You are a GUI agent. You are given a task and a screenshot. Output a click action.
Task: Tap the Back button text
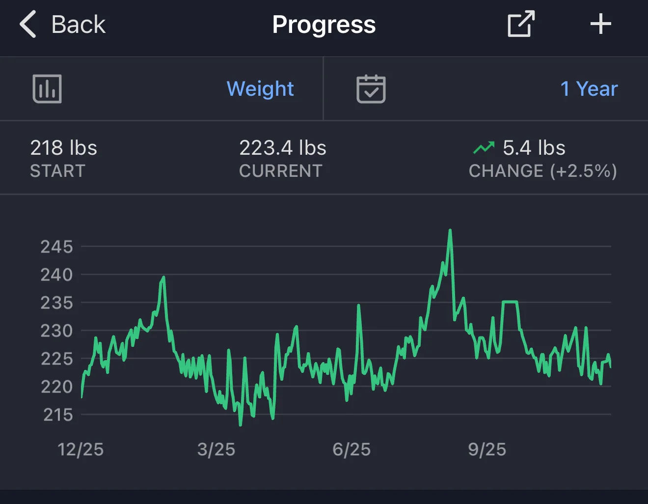pyautogui.click(x=79, y=25)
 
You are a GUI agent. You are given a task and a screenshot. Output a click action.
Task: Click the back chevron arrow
pyautogui.click(x=28, y=24)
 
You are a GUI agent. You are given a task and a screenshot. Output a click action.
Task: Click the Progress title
pyautogui.click(x=324, y=25)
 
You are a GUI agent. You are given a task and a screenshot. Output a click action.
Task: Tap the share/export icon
pyautogui.click(x=521, y=24)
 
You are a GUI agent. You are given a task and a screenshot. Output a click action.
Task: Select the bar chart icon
pyautogui.click(x=47, y=88)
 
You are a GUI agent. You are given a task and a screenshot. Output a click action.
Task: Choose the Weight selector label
pyautogui.click(x=260, y=88)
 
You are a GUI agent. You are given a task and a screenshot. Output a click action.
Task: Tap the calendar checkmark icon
pyautogui.click(x=371, y=89)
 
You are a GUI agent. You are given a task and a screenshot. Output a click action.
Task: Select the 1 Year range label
pyautogui.click(x=589, y=88)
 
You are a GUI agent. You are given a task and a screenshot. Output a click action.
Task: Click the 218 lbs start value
pyautogui.click(x=63, y=148)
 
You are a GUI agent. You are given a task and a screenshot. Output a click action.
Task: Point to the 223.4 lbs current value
pyautogui.click(x=283, y=148)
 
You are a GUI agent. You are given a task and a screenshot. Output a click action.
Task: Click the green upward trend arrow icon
pyautogui.click(x=484, y=147)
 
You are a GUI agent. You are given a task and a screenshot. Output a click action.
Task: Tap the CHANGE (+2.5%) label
pyautogui.click(x=543, y=171)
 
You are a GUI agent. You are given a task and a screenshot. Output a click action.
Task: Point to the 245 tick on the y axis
pyautogui.click(x=56, y=247)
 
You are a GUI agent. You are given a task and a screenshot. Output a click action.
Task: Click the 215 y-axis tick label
pyautogui.click(x=58, y=415)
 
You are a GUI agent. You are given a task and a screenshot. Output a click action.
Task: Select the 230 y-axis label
pyautogui.click(x=56, y=331)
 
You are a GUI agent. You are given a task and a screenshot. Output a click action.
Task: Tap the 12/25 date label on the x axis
pyautogui.click(x=81, y=449)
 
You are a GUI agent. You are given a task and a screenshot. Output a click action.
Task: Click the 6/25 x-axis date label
pyautogui.click(x=351, y=449)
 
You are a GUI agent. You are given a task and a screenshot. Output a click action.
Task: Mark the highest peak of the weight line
pyautogui.click(x=450, y=230)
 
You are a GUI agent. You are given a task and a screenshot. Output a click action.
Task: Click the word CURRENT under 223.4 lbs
pyautogui.click(x=281, y=171)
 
